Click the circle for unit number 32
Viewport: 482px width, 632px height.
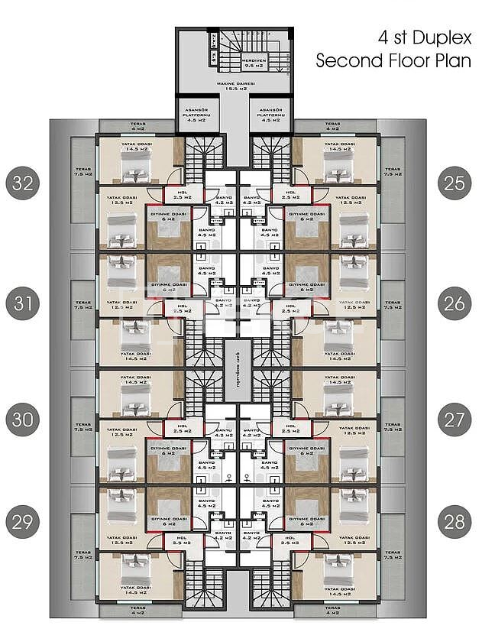coord(23,183)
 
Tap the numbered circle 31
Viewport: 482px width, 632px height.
coord(23,304)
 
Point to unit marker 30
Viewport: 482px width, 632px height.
coord(23,420)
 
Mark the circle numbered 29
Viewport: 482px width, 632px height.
coord(23,523)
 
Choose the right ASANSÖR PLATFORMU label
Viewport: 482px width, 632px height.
coord(272,115)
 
